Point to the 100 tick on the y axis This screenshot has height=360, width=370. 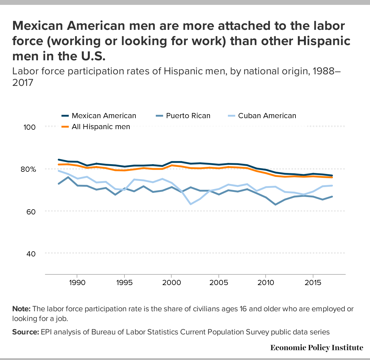point(30,127)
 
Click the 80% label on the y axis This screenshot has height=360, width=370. point(28,169)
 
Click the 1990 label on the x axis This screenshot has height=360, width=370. point(77,283)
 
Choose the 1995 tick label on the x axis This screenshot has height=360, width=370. point(124,283)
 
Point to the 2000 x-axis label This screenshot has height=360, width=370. point(171,283)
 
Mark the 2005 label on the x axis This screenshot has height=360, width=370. point(218,283)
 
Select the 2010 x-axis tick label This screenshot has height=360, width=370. point(266,283)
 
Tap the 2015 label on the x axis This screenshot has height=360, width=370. point(313,283)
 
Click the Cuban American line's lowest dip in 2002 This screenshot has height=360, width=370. point(190,204)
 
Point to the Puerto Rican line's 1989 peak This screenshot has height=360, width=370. point(68,177)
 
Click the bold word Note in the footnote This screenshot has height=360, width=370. point(21,309)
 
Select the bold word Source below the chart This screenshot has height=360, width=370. point(26,332)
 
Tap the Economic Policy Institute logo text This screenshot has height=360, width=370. point(316,348)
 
